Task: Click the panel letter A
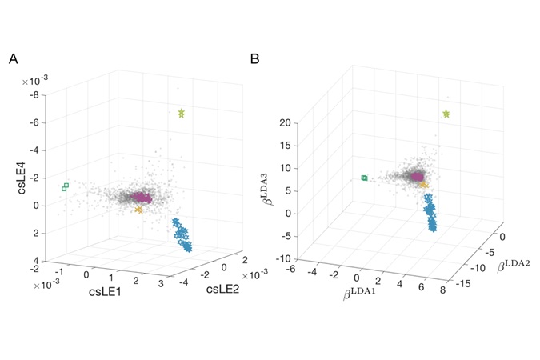coord(14,59)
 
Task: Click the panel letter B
coord(255,59)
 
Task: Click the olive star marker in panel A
coord(182,113)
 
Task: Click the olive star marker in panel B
coord(446,114)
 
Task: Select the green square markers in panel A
coord(65,187)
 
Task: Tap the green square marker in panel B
coord(365,178)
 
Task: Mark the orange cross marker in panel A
coord(138,210)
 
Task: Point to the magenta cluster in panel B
coord(416,176)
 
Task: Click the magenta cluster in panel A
coord(142,197)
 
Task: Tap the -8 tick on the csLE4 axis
coord(34,95)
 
